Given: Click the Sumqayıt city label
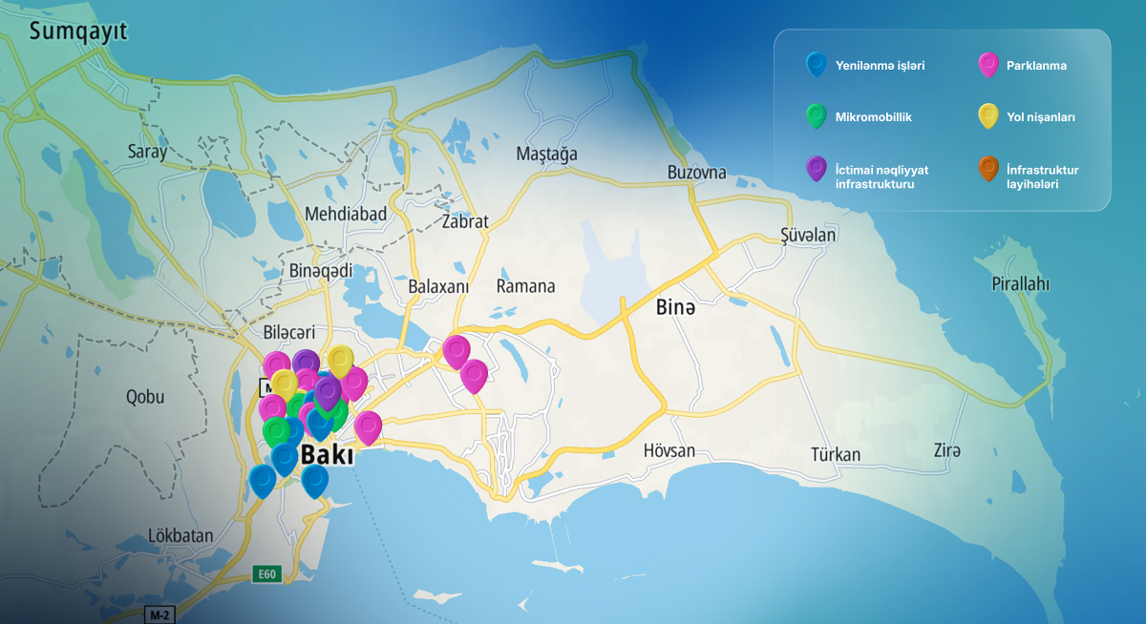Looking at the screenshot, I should (x=78, y=32).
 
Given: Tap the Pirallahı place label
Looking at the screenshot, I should (x=1020, y=284).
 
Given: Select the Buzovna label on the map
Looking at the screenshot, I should (x=697, y=174).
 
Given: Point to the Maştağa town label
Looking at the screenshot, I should (x=546, y=154).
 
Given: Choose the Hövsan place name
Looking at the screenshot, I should (x=668, y=449).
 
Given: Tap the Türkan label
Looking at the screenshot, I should (x=836, y=454).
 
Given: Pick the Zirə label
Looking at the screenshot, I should (x=946, y=450).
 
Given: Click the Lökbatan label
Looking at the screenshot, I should (x=180, y=535).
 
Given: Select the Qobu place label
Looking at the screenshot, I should (x=144, y=398).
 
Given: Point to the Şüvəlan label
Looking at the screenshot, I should (x=808, y=236).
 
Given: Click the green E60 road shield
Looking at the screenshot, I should (x=266, y=574).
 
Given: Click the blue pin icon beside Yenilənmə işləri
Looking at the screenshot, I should (x=817, y=65).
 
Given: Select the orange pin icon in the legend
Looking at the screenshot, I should (x=988, y=169).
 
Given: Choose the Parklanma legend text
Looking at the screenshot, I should (x=1036, y=66).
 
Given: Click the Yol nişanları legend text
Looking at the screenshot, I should (x=1041, y=117).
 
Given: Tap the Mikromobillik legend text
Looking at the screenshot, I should (x=873, y=117).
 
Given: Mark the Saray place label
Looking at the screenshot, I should (x=147, y=152).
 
